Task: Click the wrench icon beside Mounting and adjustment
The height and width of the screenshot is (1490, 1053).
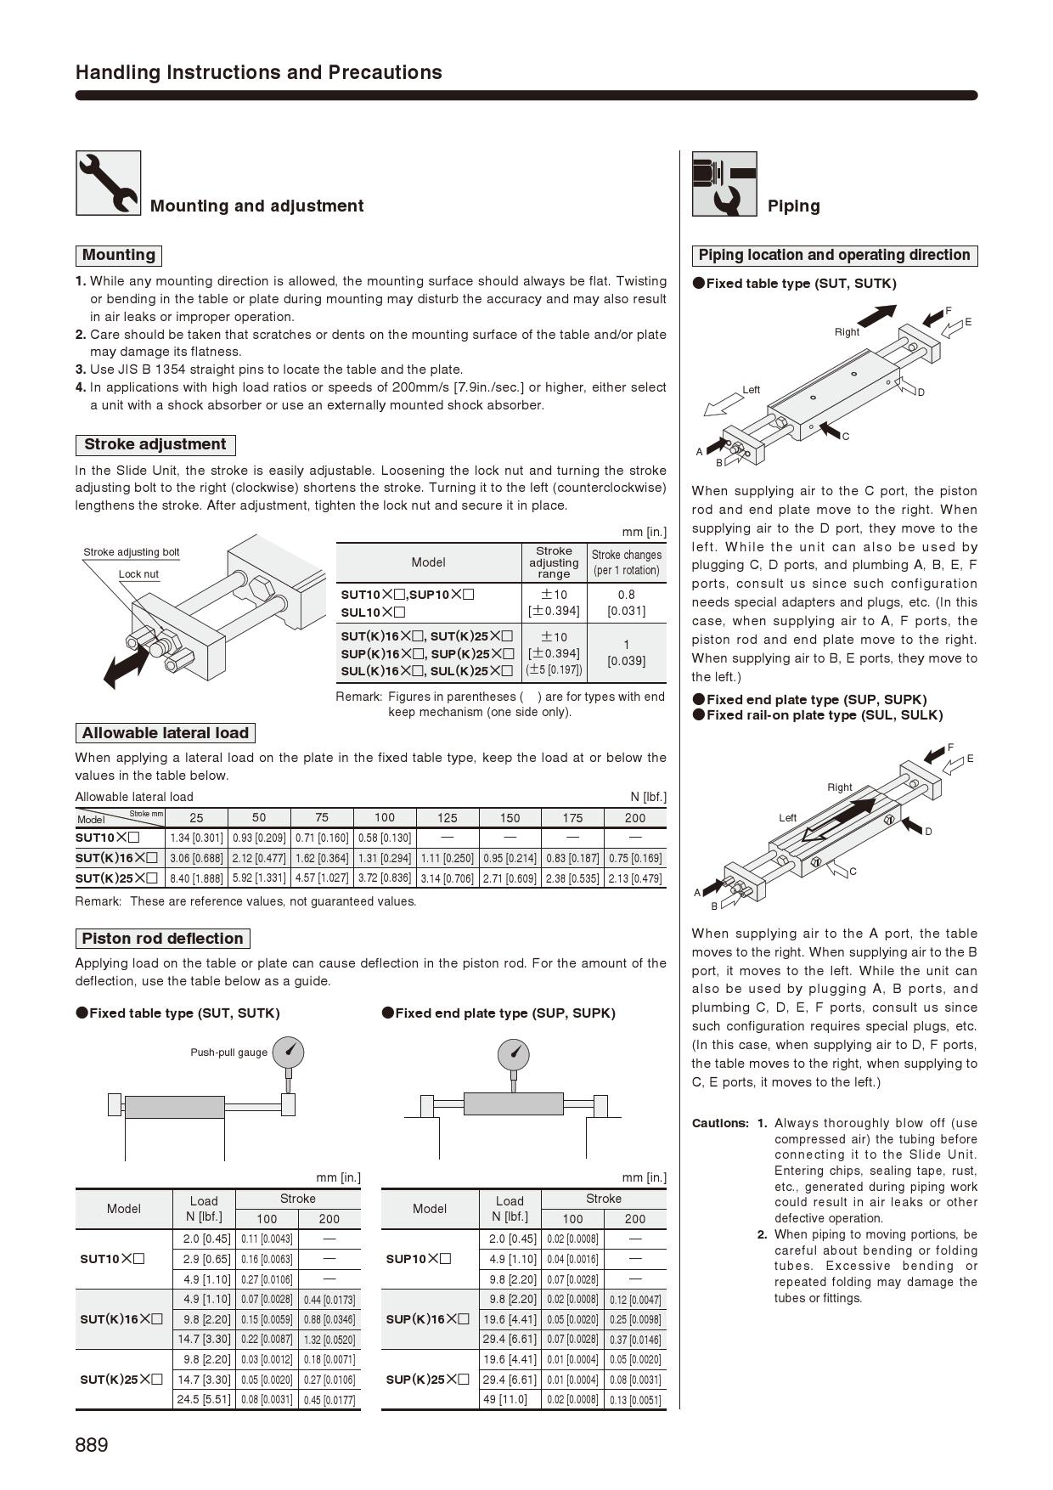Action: coord(109,183)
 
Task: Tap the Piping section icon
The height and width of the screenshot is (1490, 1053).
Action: coord(724,183)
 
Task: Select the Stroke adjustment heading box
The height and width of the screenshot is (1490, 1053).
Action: coord(155,444)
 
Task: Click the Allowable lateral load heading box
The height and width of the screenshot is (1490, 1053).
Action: coord(165,733)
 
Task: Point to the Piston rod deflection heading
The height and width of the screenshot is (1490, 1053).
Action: coord(162,939)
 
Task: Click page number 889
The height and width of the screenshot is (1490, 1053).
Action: coord(92,1445)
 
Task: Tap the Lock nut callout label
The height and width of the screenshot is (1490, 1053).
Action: coord(138,574)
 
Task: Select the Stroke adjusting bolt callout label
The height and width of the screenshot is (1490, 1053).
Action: coord(132,552)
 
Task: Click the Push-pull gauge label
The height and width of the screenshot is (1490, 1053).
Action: coord(228,1053)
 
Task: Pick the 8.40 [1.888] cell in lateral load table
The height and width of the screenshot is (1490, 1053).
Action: coord(196,878)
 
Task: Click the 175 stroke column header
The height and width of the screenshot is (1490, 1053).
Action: coord(572,818)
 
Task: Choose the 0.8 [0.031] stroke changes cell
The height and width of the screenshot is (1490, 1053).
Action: coord(626,602)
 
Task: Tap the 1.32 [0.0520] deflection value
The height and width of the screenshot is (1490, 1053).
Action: coord(329,1340)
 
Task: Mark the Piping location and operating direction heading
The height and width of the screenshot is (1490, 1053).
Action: coord(834,256)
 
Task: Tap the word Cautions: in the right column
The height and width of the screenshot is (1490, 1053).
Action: coord(720,1123)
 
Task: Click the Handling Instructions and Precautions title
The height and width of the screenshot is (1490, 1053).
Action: coord(259,72)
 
